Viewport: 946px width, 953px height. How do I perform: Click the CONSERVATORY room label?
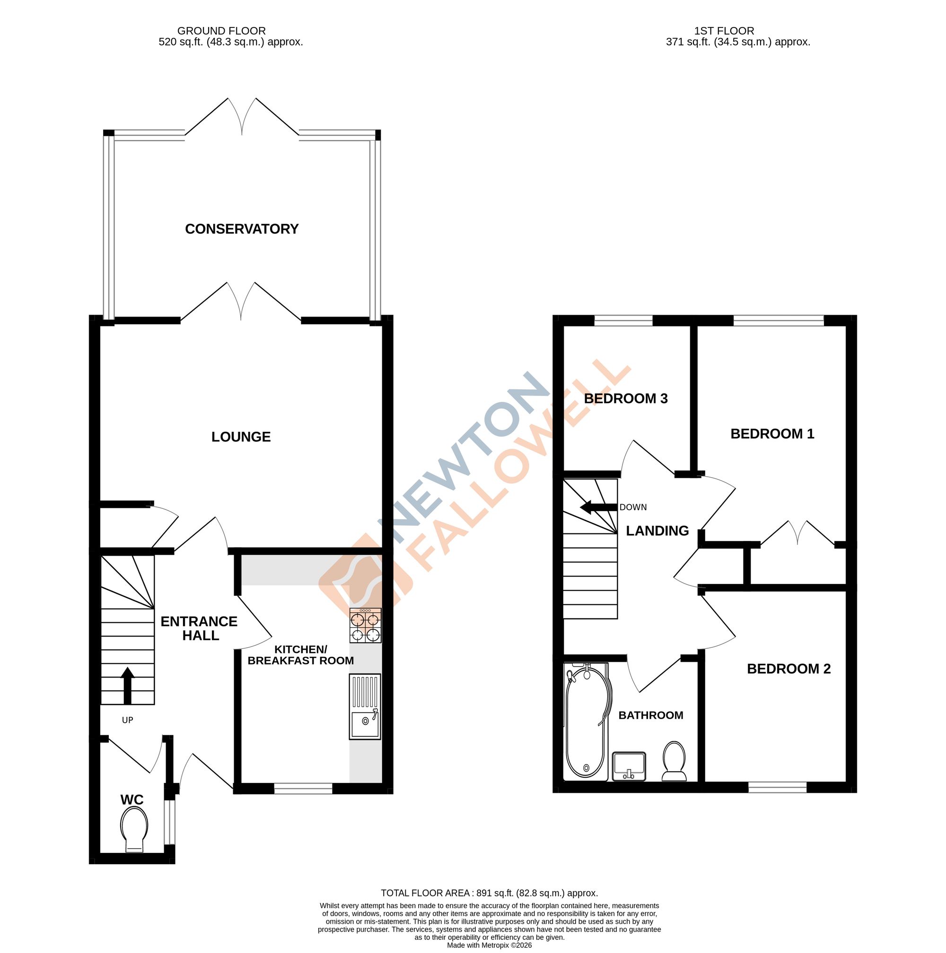(241, 229)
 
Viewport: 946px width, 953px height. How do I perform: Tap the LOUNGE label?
(241, 437)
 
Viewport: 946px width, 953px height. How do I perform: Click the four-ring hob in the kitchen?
(365, 626)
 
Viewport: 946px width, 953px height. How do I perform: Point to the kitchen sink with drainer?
(365, 706)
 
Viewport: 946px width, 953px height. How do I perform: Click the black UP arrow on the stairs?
(127, 685)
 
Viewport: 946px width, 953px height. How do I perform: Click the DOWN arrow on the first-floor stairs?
(598, 507)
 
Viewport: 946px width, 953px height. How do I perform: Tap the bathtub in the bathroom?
(585, 721)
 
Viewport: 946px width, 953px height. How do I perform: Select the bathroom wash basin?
(629, 766)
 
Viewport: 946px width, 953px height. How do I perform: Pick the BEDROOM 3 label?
(626, 399)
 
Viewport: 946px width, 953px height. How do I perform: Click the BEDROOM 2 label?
(788, 669)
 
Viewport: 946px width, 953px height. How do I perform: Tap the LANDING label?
(657, 531)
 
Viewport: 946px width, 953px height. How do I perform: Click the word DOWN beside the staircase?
(633, 507)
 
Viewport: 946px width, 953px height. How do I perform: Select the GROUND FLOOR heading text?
(221, 31)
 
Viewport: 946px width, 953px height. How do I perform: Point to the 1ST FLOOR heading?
(724, 31)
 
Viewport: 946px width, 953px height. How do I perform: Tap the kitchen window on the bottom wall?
(303, 789)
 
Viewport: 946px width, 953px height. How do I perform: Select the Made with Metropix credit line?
(489, 945)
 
